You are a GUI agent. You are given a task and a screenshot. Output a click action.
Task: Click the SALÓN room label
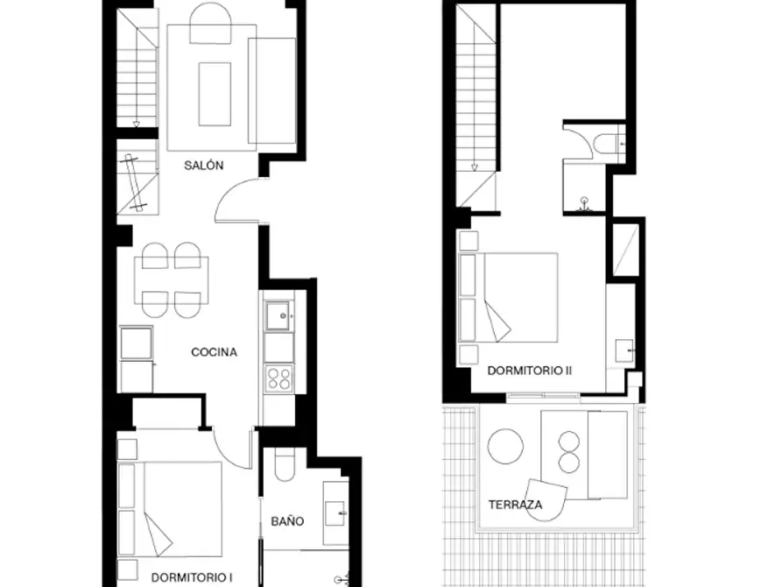tap(203, 166)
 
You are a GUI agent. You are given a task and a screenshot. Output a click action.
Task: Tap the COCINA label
tap(214, 352)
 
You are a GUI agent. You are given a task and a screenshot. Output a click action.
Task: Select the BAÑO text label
tap(287, 521)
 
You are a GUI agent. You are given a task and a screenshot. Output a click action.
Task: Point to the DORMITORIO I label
tap(188, 577)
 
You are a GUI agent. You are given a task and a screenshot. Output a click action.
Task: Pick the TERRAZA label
tap(515, 505)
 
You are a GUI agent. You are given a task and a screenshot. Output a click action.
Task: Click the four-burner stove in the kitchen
tap(278, 378)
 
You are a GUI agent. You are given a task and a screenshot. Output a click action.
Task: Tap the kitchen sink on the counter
tap(278, 315)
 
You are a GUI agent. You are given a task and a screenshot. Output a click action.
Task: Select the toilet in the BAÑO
tap(285, 464)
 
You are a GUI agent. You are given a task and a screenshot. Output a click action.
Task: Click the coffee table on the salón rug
tap(215, 95)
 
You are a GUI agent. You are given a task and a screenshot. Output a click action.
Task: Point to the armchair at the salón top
tap(210, 23)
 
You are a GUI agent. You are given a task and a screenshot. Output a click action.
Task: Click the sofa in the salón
tap(271, 91)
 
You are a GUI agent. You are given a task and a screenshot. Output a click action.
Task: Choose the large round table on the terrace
tap(505, 447)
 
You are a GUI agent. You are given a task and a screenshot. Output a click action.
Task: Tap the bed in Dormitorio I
tap(170, 509)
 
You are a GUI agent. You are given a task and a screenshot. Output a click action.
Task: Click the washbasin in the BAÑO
tap(335, 514)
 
